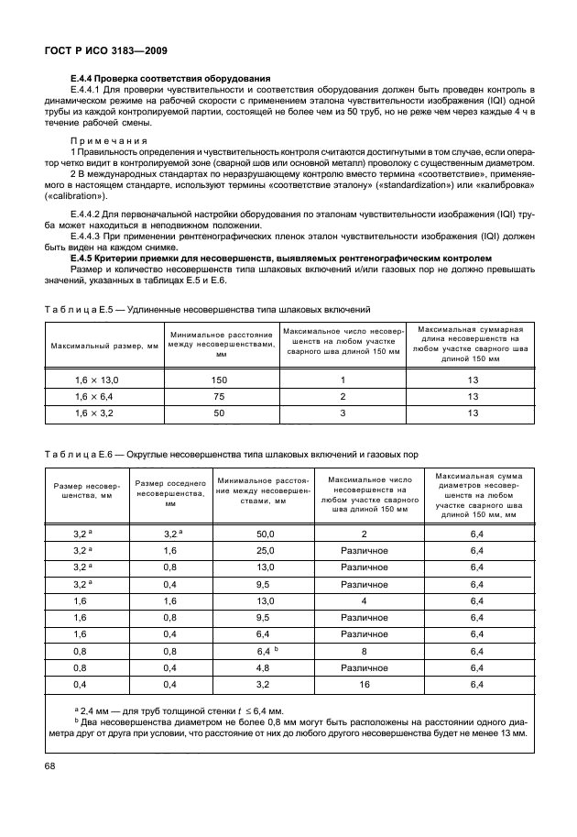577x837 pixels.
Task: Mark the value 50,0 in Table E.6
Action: click(266, 533)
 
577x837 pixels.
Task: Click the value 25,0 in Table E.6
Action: click(266, 550)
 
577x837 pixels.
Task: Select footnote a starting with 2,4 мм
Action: click(179, 710)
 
